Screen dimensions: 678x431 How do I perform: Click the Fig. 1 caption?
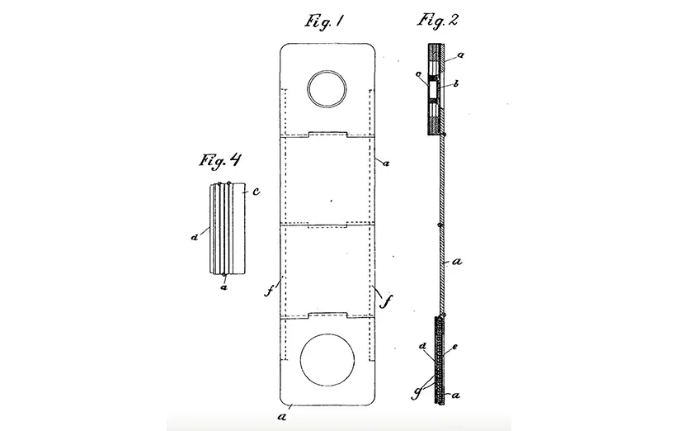(324, 21)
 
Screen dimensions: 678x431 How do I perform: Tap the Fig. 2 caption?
(437, 21)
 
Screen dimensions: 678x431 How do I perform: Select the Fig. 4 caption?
(219, 160)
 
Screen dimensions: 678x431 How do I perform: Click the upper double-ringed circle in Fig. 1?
(327, 88)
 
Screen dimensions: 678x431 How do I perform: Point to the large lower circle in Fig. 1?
(327, 360)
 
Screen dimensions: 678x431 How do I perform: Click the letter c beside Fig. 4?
(256, 191)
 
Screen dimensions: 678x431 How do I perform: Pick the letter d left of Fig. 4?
(195, 237)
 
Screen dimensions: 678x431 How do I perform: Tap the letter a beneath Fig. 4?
(224, 287)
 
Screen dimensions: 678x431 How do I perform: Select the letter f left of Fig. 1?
(269, 291)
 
